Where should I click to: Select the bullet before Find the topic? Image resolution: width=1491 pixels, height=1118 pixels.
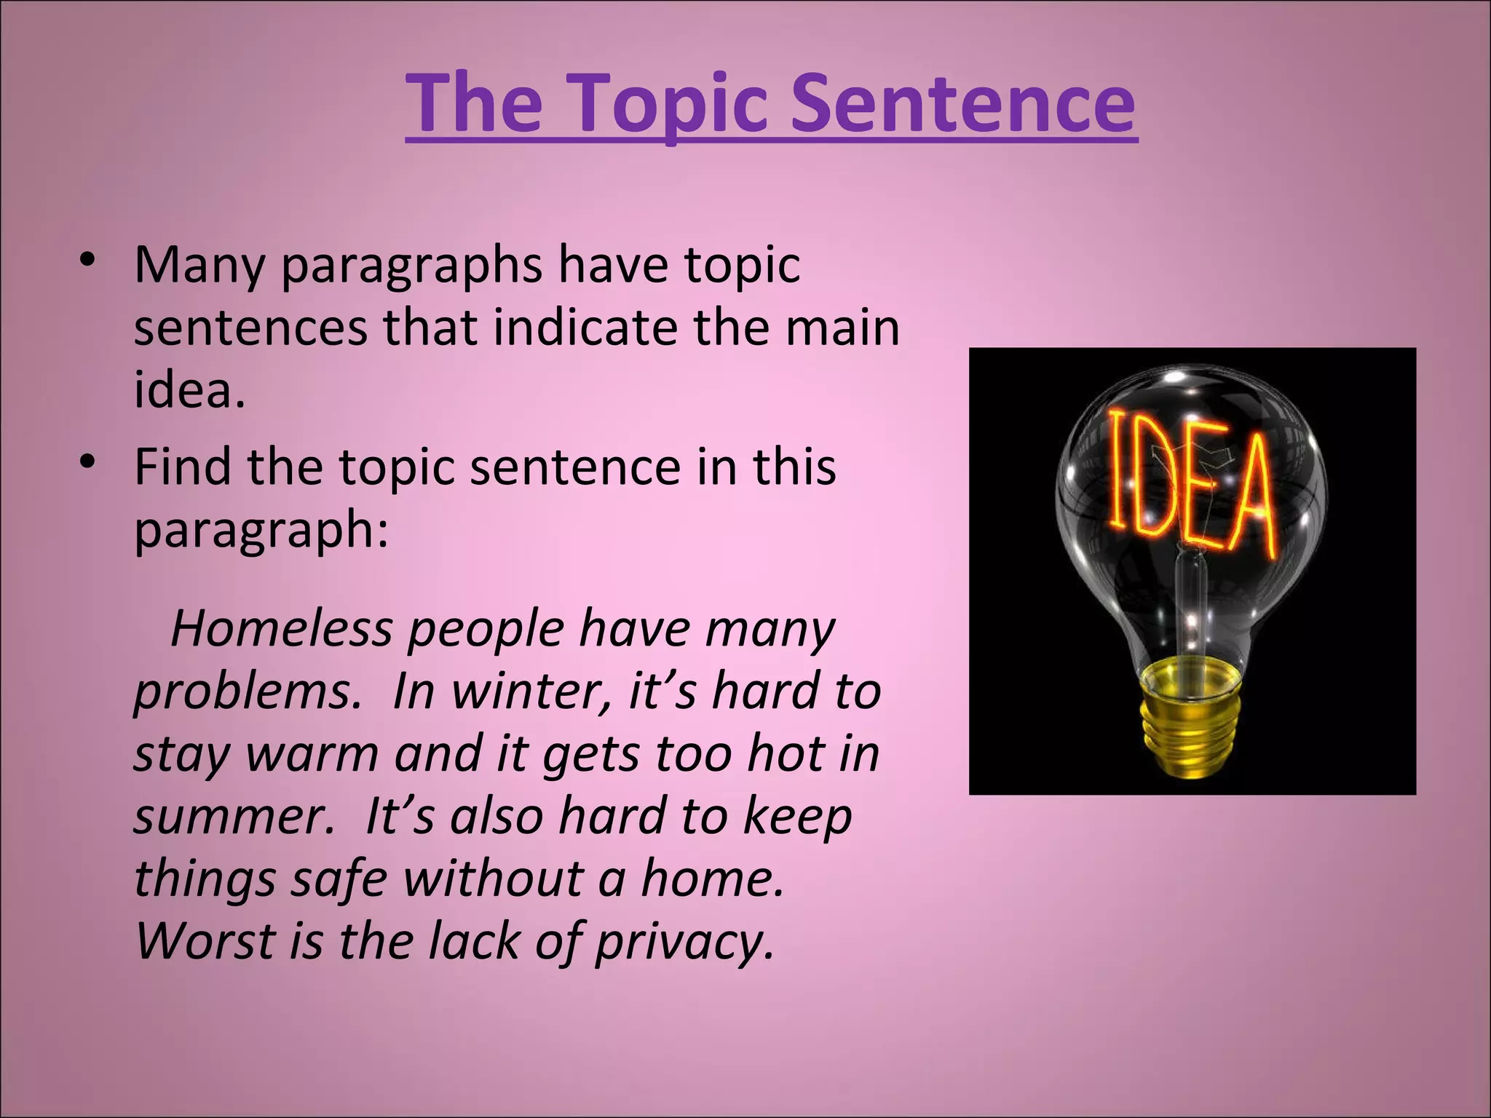88,462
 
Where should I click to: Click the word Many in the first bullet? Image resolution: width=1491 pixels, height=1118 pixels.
199,266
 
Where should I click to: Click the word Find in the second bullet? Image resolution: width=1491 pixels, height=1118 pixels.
183,467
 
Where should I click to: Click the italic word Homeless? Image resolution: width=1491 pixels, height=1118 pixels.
281,629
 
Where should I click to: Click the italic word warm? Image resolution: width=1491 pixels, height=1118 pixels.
312,754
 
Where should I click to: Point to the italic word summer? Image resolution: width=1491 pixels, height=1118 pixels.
233,817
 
